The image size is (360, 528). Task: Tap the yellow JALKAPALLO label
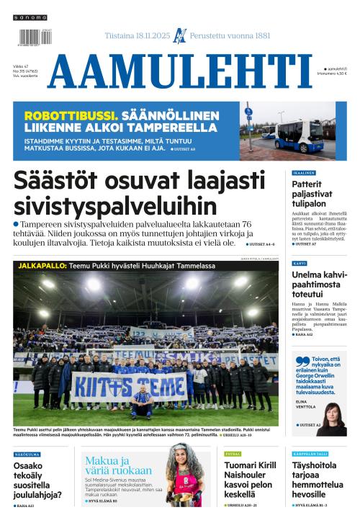pyautogui.click(x=41, y=266)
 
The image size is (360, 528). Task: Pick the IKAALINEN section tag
pyautogui.click(x=304, y=174)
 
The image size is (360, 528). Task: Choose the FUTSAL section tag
pyautogui.click(x=233, y=455)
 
